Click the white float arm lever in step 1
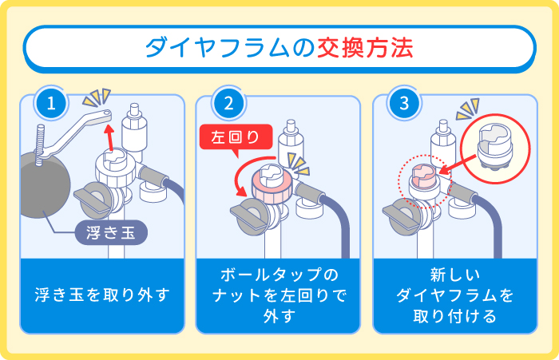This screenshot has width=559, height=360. pos(81,128)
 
